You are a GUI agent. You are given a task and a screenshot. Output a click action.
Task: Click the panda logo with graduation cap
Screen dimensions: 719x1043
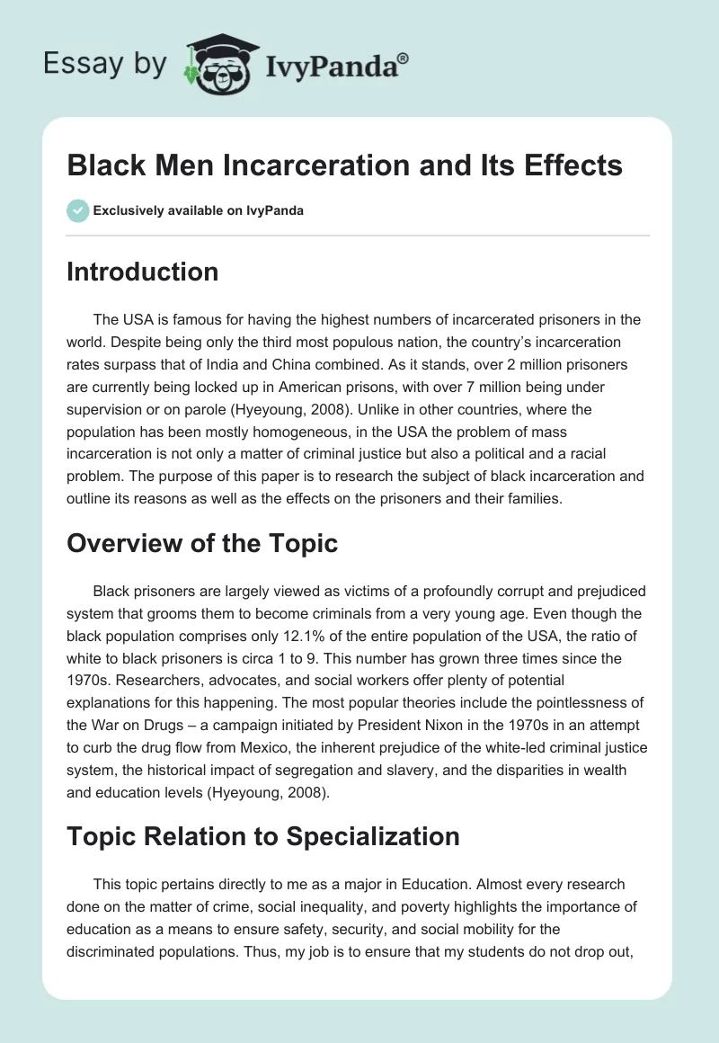[221, 64]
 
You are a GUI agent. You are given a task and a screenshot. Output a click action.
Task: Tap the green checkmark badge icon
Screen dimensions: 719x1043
[78, 211]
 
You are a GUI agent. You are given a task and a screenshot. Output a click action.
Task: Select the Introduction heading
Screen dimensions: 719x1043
[142, 272]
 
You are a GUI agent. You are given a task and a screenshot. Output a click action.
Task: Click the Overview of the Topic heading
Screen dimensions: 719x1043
[202, 543]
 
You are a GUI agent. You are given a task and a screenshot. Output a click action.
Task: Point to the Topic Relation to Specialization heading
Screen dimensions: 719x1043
[263, 836]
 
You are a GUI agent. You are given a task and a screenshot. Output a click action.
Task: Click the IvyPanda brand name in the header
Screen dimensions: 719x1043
[332, 67]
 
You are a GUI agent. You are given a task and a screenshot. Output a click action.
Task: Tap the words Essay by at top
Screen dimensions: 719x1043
[105, 65]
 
